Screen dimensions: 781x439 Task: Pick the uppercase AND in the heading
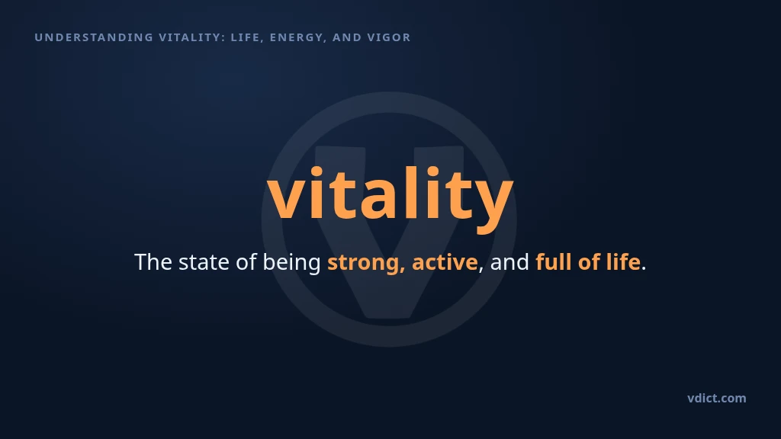click(x=347, y=37)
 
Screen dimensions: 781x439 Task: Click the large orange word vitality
click(x=390, y=197)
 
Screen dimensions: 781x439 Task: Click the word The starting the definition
click(x=153, y=262)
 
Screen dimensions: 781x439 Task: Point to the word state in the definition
click(x=204, y=262)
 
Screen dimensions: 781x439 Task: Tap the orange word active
click(x=445, y=262)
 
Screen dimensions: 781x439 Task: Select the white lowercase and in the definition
click(x=509, y=262)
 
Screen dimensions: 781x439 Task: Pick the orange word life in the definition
click(x=622, y=262)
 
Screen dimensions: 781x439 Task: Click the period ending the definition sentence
click(x=644, y=269)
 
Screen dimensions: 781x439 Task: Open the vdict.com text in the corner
click(x=717, y=398)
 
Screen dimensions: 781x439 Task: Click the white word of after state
click(x=246, y=262)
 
